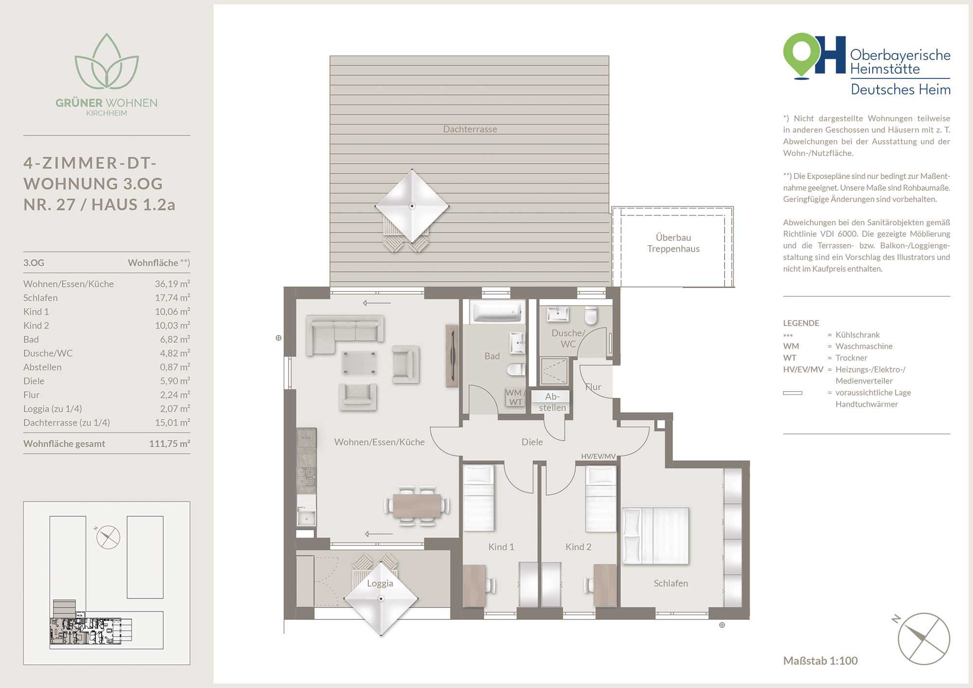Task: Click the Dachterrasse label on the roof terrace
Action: (x=470, y=129)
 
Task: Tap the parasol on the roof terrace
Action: (x=412, y=206)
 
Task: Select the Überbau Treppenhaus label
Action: (x=673, y=243)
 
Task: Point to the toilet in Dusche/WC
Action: (x=591, y=315)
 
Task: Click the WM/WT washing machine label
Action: (x=515, y=397)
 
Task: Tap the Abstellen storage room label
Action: (x=552, y=402)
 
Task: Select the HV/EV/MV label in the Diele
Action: (x=598, y=456)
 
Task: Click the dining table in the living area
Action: (x=417, y=506)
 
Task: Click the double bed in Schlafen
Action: (x=655, y=536)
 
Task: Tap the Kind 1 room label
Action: (x=501, y=547)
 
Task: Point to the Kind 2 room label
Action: (x=578, y=547)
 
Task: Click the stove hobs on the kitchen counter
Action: (x=306, y=477)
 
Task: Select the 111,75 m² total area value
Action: (x=169, y=444)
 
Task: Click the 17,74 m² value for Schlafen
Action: (x=172, y=298)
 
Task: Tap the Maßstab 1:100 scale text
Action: (x=820, y=661)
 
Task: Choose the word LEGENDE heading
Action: (x=801, y=323)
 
